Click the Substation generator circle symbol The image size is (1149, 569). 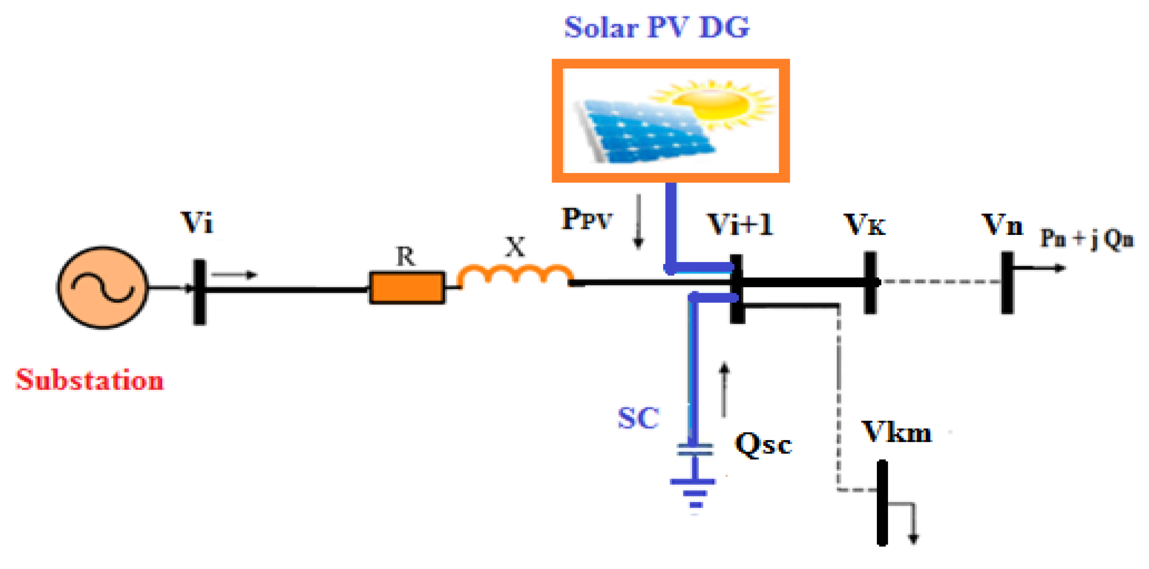click(102, 288)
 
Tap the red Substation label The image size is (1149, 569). click(90, 380)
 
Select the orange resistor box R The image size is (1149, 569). click(407, 288)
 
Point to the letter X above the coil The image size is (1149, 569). click(515, 247)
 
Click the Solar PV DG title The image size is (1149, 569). click(656, 28)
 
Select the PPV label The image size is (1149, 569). click(587, 219)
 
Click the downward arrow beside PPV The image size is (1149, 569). click(638, 221)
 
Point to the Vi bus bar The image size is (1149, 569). click(199, 292)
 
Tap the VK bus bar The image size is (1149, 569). click(870, 283)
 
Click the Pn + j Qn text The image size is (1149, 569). click(1087, 239)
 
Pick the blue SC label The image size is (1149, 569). click(638, 418)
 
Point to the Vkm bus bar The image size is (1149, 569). click(882, 503)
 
